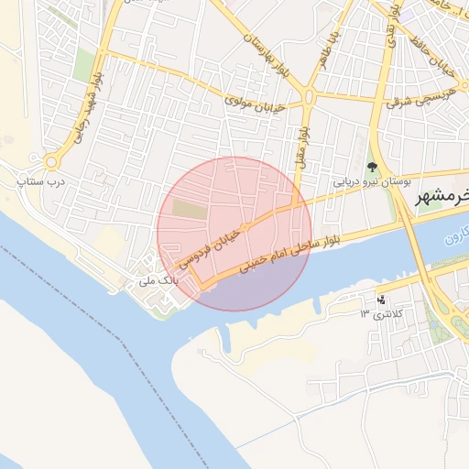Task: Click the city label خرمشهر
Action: point(442,199)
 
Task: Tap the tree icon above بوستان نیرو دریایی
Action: point(372,167)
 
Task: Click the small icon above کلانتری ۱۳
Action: point(381,300)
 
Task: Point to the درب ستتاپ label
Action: point(29,182)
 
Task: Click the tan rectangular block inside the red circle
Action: point(191,209)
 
